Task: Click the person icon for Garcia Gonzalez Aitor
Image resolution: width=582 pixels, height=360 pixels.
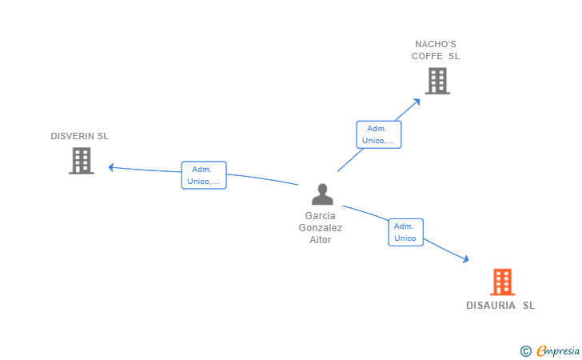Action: pyautogui.click(x=321, y=194)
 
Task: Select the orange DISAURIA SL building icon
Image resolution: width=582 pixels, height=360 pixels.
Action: pyautogui.click(x=501, y=282)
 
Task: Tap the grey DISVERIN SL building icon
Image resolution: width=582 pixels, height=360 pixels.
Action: pyautogui.click(x=81, y=160)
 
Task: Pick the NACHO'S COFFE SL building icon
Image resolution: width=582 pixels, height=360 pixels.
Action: pyautogui.click(x=436, y=80)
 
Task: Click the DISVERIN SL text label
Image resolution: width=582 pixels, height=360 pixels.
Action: pyautogui.click(x=79, y=136)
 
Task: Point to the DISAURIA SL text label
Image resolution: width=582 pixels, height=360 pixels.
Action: pyautogui.click(x=500, y=306)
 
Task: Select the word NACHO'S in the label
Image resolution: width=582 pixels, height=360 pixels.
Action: pyautogui.click(x=436, y=44)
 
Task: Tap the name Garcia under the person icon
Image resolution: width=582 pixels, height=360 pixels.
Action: pyautogui.click(x=321, y=216)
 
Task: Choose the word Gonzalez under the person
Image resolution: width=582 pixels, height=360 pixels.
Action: pyautogui.click(x=321, y=228)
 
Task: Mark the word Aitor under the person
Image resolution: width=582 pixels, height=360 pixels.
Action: pyautogui.click(x=321, y=240)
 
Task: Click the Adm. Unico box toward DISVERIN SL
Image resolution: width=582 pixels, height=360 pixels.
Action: pyautogui.click(x=204, y=175)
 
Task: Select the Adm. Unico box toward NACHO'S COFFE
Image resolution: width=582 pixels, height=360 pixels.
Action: pyautogui.click(x=378, y=134)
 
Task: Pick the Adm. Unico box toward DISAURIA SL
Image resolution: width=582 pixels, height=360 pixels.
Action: pyautogui.click(x=405, y=232)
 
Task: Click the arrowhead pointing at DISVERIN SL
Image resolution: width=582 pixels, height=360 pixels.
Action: pyautogui.click(x=111, y=167)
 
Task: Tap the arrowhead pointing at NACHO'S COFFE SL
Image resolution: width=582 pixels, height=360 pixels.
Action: pyautogui.click(x=417, y=101)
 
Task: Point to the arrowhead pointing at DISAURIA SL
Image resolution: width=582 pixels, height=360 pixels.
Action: pyautogui.click(x=465, y=259)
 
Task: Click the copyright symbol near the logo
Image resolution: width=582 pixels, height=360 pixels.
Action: pyautogui.click(x=525, y=350)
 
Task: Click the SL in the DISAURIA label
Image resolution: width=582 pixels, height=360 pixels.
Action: pyautogui.click(x=529, y=306)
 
